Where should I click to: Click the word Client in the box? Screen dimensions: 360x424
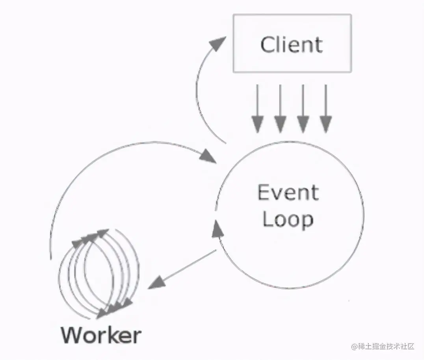pos(292,44)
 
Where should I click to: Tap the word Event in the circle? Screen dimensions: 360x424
pos(288,193)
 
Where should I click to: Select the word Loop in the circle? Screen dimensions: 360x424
pos(288,219)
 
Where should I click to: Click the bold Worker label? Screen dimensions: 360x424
pos(101,335)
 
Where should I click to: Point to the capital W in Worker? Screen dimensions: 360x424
pos(73,335)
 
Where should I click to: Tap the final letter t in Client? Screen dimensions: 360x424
pos(318,45)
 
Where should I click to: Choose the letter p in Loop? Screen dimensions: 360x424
pos(307,221)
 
